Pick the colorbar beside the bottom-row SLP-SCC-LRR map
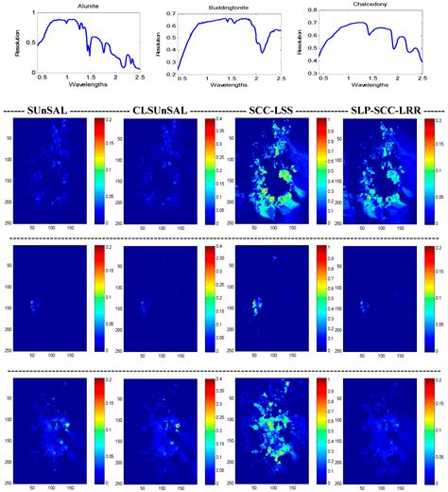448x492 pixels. pyautogui.click(x=430, y=427)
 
